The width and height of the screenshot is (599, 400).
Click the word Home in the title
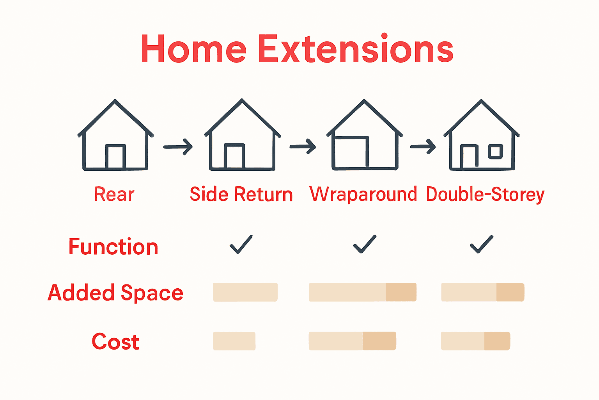193,49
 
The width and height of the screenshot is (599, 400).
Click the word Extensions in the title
356,49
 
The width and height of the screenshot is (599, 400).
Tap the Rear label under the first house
114,194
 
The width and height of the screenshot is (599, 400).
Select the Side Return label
241,194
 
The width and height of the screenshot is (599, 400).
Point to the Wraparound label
363,194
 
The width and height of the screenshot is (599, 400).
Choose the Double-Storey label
485,195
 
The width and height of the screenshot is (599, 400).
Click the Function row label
113,247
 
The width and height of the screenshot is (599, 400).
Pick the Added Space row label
115,293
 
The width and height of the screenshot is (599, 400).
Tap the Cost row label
115,342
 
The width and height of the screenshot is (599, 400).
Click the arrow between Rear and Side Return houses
178,147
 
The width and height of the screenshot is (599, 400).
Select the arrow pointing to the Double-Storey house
423,147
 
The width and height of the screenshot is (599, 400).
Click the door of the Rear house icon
115,157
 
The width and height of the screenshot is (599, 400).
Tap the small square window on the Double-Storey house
496,152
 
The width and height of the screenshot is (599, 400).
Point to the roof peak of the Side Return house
242,101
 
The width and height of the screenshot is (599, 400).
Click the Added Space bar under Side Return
245,292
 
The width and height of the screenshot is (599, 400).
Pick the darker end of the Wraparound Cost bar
379,341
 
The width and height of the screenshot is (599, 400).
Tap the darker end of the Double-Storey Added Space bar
510,292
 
